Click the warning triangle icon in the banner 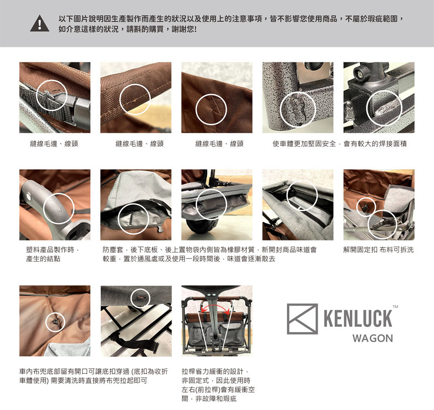(39, 23)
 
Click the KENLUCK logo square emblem (302, 319)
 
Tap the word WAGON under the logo (372, 338)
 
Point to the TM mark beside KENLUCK (395, 306)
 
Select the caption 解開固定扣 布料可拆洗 (378, 250)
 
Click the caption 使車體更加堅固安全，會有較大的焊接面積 (340, 143)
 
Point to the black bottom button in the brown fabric (56, 321)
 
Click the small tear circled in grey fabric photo (140, 297)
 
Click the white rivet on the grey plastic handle (29, 197)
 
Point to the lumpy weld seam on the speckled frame (298, 111)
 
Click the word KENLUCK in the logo (358, 319)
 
